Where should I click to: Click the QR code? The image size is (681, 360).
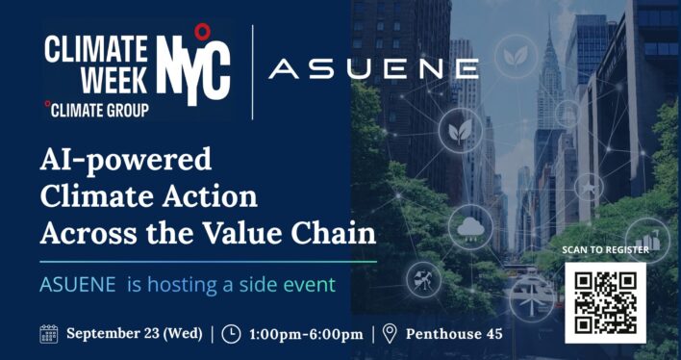pos(605,302)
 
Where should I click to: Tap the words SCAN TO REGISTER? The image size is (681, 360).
pos(605,250)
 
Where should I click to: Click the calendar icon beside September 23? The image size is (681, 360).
pos(49,334)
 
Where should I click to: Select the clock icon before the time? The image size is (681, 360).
pos(231,334)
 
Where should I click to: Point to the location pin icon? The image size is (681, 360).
pos(390,334)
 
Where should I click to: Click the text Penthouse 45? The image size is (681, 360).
pos(454,334)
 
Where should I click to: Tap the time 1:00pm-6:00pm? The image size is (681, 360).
pos(306,334)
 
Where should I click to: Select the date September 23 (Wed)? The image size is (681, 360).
pos(135,334)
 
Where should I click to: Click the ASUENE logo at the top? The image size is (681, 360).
pos(373,69)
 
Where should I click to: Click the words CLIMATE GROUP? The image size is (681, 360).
pos(99,111)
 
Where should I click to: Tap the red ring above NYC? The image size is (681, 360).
pos(202,32)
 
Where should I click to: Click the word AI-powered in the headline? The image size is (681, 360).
pos(125,160)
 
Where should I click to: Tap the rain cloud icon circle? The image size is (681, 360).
pos(470,227)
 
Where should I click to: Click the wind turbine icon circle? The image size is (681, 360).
pos(532,299)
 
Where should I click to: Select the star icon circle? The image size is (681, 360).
pos(589,188)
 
